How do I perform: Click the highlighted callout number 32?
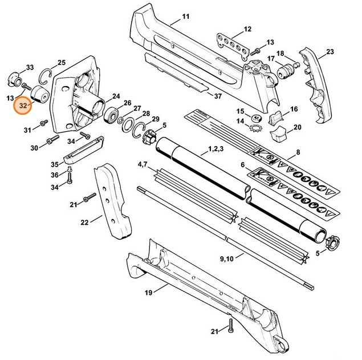pyautogui.click(x=23, y=106)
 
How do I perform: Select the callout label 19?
pyautogui.click(x=148, y=294)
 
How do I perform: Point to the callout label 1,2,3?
pyautogui.click(x=216, y=149)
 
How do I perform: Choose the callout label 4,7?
pyautogui.click(x=143, y=164)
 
